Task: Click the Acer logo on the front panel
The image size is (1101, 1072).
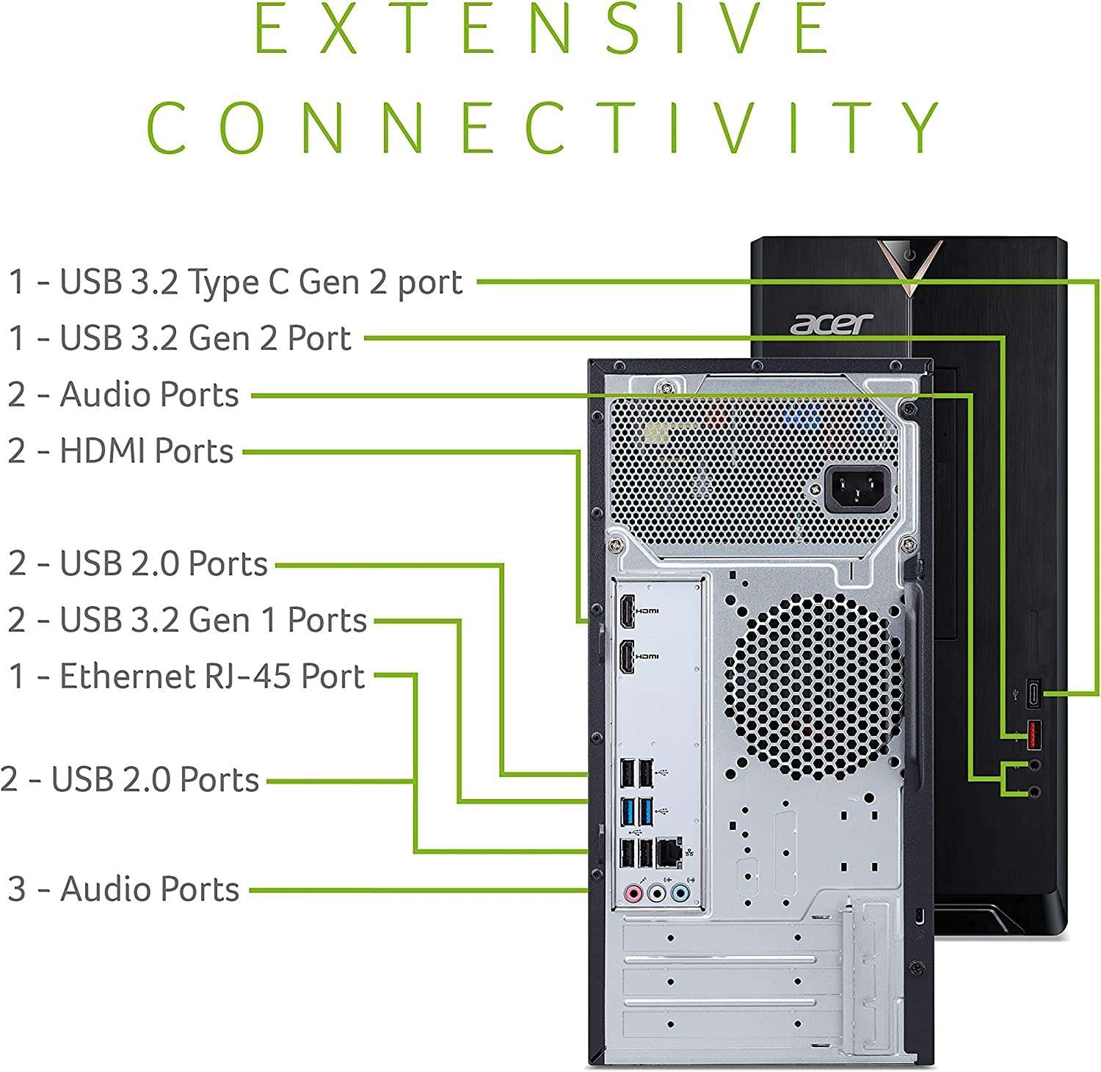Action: tap(831, 324)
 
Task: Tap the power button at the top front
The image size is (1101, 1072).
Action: tap(910, 255)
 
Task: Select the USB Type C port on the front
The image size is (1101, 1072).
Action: tap(1033, 693)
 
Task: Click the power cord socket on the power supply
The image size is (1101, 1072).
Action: tap(857, 489)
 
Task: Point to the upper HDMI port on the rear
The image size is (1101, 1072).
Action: tap(627, 611)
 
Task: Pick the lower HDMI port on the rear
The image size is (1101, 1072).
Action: tap(627, 656)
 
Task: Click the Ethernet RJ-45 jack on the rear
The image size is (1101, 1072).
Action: tap(668, 853)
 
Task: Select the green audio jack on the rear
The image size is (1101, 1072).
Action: tap(658, 893)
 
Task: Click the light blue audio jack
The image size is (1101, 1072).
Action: tap(681, 893)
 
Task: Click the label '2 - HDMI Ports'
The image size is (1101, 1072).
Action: tap(120, 451)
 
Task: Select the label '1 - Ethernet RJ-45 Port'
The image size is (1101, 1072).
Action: tap(186, 676)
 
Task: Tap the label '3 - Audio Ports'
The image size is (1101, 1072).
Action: tap(123, 889)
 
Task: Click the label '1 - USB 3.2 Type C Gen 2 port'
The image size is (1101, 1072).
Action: tap(235, 282)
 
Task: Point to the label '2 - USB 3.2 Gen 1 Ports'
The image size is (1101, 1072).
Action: tap(187, 619)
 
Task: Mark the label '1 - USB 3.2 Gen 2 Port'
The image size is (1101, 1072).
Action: tap(180, 338)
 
